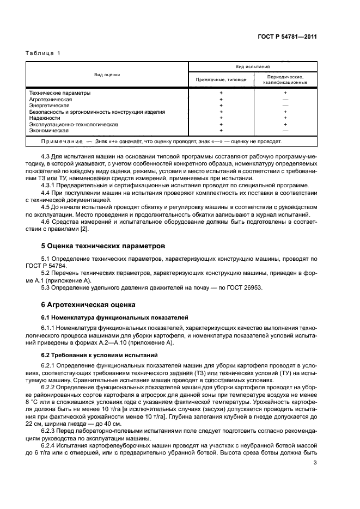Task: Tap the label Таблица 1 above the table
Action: pos(43,53)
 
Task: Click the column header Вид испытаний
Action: pos(253,66)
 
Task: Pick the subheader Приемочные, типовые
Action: pos(221,80)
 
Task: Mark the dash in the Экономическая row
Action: pos(285,131)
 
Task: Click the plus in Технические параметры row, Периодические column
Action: pos(285,93)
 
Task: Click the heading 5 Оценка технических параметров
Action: pos(99,246)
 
